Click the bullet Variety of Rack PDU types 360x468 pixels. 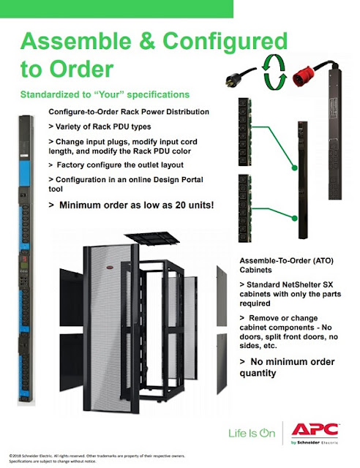(98, 126)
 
